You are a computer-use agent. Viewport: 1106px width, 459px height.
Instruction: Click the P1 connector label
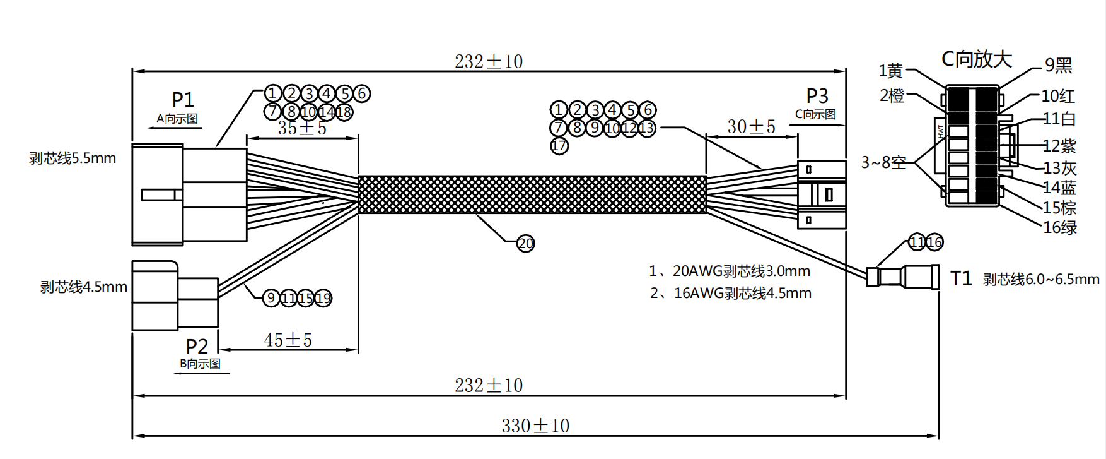coord(183,99)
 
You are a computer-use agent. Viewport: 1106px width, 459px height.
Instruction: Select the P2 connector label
coord(197,346)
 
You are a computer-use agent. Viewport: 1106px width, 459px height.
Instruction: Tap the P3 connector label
coord(817,96)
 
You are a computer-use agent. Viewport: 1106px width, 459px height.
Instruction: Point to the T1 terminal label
coord(961,278)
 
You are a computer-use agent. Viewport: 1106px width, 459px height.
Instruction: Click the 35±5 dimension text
coord(302,128)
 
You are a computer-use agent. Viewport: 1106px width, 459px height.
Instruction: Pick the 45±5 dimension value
coord(288,340)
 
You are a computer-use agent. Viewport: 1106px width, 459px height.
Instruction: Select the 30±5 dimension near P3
coord(751,127)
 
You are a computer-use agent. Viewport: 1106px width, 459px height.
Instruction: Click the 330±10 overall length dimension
coord(535,426)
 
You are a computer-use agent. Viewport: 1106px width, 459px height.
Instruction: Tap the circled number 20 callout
coord(525,244)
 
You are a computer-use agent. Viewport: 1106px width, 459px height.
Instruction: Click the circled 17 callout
coord(559,146)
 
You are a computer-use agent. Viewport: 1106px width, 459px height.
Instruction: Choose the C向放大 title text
coord(976,59)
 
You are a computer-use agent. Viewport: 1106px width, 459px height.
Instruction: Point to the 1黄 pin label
coord(891,71)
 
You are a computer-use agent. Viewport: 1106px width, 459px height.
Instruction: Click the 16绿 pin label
coord(1059,227)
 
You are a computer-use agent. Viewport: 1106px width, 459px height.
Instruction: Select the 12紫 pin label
coord(1059,146)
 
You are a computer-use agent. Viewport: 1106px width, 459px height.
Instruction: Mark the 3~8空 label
coord(883,163)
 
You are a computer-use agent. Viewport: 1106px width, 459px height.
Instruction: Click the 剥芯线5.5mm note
coord(73,158)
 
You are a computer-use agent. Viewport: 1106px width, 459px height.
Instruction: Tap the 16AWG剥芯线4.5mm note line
coord(731,294)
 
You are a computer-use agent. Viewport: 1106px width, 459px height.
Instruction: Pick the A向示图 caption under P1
coord(177,119)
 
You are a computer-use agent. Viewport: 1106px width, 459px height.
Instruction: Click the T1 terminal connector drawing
coord(903,277)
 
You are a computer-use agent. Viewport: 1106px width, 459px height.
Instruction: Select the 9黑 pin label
coord(1058,65)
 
